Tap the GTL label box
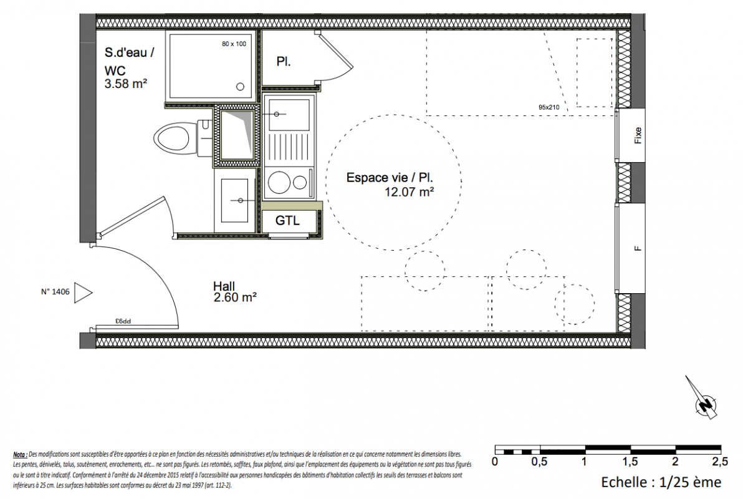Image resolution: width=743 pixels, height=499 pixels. point(287,221)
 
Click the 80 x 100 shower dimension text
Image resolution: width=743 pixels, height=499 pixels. point(234,44)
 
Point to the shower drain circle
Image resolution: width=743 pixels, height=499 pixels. point(240,86)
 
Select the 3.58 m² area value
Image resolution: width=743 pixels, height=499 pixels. point(125,84)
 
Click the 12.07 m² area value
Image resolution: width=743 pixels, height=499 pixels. point(410,192)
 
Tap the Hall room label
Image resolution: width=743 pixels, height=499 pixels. point(224,286)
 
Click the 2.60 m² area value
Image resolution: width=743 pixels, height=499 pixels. point(235,298)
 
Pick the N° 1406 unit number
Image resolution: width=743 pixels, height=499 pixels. point(55,292)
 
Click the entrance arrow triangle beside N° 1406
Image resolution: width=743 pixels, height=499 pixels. point(83,293)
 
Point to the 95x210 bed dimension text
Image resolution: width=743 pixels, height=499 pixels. point(549,107)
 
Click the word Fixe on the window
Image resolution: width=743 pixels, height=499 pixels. point(638,135)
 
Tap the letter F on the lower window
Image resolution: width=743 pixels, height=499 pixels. point(638,248)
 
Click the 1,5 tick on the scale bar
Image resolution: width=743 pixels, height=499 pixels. point(630,461)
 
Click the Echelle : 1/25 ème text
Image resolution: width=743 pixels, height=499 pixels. point(661,482)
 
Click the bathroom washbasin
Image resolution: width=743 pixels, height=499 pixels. point(234,200)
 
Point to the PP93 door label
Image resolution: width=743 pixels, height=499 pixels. point(123,321)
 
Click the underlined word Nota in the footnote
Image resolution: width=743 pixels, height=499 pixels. point(20,455)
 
